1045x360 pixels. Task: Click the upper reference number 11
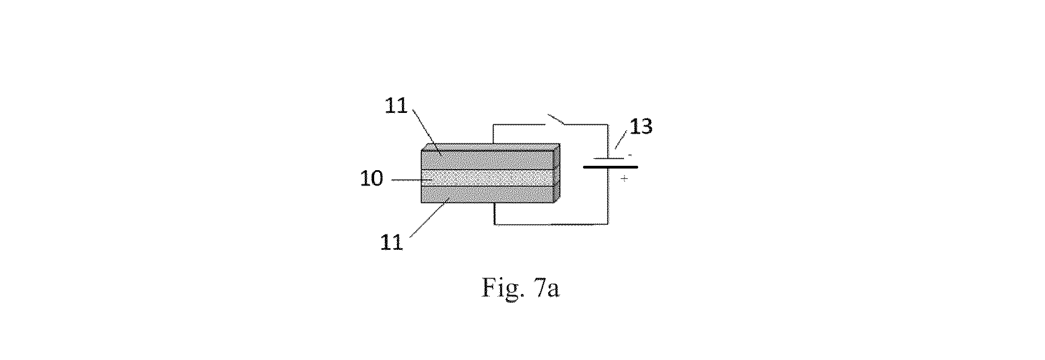pos(397,106)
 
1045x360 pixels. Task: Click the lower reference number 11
pos(392,242)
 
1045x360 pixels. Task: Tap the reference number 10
pos(372,178)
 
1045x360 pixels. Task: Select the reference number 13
pos(641,126)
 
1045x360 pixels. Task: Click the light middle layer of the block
pos(488,178)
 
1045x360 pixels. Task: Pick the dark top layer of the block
pos(488,160)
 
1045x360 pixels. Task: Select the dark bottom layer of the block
pos(488,195)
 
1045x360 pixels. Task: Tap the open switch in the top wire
pos(556,119)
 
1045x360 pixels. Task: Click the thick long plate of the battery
pos(610,166)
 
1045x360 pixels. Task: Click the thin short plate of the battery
pos(610,158)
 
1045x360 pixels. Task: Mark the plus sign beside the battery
pos(624,179)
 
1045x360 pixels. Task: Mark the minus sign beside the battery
pos(630,155)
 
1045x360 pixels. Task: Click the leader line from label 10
pos(412,179)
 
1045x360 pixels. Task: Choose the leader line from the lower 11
pos(428,218)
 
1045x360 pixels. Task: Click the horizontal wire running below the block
pos(551,224)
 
